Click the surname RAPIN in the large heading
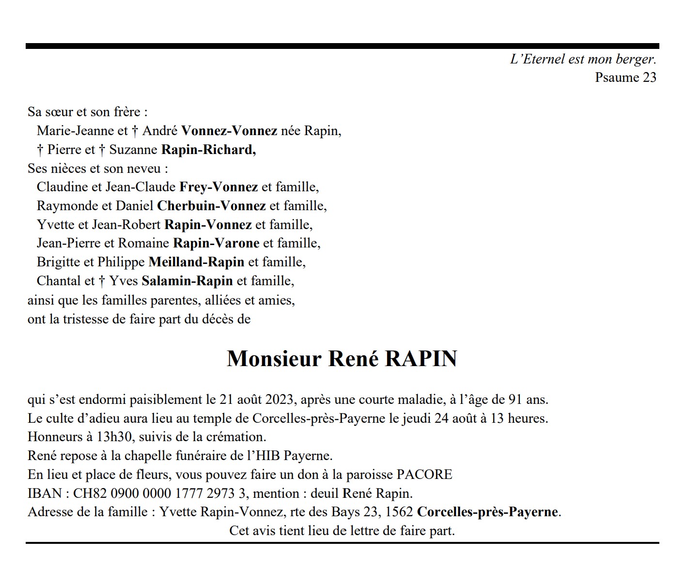[x=421, y=359]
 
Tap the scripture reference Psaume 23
[x=625, y=77]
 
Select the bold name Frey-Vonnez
[x=218, y=187]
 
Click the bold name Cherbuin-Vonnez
[x=211, y=206]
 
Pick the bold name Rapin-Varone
[x=216, y=243]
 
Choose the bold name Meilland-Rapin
[x=196, y=262]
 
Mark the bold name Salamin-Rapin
[x=187, y=281]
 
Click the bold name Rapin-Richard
[x=208, y=150]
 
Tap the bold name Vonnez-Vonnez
[x=229, y=131]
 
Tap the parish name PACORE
[x=424, y=475]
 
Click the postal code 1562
[x=400, y=512]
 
